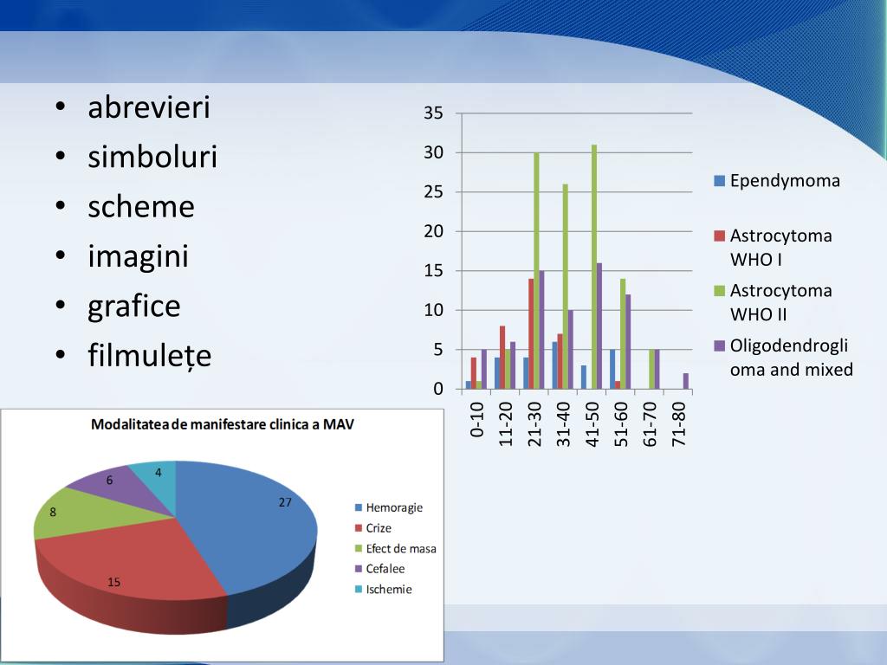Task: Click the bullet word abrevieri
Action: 149,107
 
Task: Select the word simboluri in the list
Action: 152,157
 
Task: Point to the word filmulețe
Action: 149,356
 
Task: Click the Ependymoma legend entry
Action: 777,181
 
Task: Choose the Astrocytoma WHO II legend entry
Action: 773,302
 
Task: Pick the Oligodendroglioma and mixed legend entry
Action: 783,358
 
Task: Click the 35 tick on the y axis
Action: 433,113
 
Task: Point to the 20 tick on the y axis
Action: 433,231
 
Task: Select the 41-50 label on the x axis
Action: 592,424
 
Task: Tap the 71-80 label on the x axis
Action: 678,424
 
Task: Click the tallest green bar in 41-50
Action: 594,267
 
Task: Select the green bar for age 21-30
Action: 536,271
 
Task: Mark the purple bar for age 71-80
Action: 686,381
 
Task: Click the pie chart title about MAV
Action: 223,424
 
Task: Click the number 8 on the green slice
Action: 53,513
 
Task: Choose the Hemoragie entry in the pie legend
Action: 389,507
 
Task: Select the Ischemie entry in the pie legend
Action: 383,589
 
